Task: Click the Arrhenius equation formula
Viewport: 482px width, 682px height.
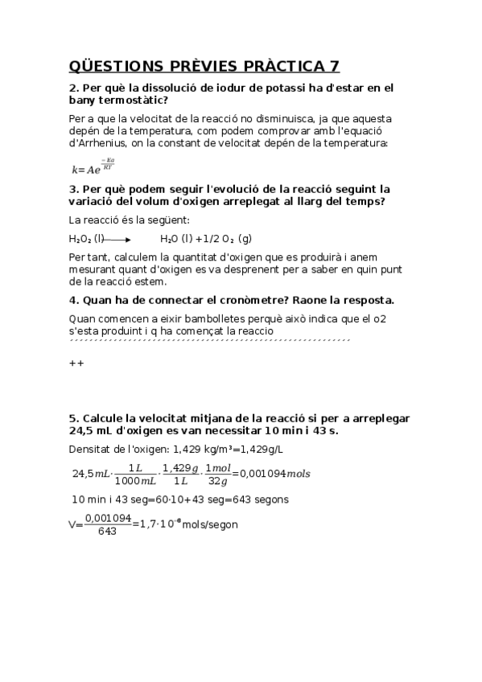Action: pos(93,166)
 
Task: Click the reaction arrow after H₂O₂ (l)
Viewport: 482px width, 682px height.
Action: pos(117,239)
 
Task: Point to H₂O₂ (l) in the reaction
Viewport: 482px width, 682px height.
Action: pos(87,239)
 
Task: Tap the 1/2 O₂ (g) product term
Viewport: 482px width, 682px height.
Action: pos(229,239)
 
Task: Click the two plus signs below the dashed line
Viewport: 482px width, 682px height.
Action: pos(76,363)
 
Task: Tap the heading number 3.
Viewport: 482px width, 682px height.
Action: pos(72,189)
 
